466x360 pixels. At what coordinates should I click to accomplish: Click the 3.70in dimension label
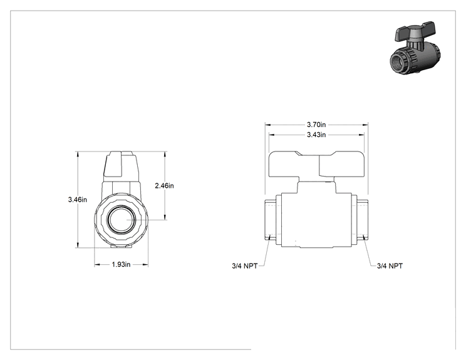(x=316, y=125)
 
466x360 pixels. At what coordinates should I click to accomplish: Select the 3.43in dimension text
(x=316, y=135)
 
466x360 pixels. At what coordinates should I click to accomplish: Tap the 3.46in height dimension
(x=77, y=200)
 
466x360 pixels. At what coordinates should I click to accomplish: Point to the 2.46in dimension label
(x=164, y=186)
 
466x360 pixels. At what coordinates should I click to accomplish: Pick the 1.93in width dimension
(x=121, y=264)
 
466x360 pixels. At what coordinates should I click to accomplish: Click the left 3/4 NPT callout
(x=245, y=266)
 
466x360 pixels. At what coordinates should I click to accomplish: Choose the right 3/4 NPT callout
(x=390, y=266)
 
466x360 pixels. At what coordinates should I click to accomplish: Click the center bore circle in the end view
(x=121, y=220)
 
